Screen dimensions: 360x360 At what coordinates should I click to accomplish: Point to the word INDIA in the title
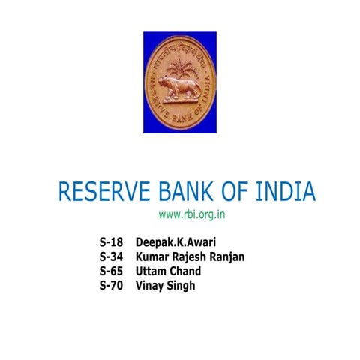tap(287, 192)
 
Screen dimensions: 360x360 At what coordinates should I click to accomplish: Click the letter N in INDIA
tap(275, 192)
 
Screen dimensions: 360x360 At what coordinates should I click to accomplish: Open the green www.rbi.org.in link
tap(193, 215)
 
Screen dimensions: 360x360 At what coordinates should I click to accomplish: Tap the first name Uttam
tap(152, 271)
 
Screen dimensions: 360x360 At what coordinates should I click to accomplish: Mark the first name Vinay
tap(151, 285)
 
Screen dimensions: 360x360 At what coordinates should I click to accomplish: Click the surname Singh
tap(183, 285)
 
